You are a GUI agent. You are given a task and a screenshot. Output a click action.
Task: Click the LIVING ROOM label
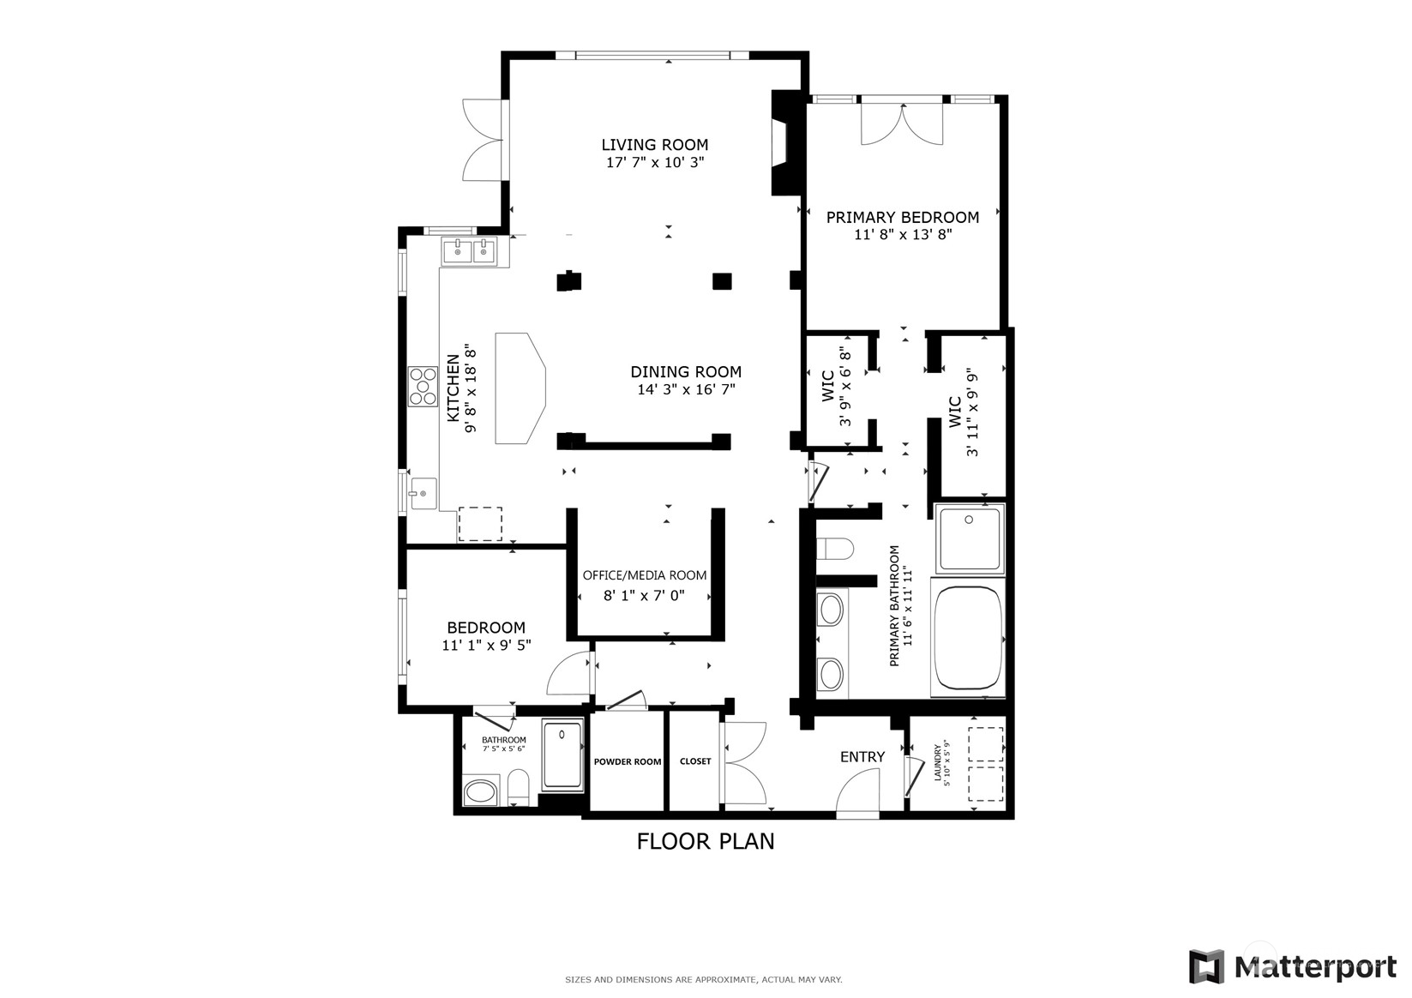(x=654, y=145)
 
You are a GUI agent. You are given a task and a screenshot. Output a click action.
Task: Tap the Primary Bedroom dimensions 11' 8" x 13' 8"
(x=903, y=234)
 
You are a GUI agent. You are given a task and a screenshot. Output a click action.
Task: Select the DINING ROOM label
(x=686, y=371)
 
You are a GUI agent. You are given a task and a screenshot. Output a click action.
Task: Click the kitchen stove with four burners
(x=422, y=385)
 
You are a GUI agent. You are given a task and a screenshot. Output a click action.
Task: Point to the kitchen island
(x=520, y=388)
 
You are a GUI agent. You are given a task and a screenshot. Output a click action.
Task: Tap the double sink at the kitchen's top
(x=471, y=251)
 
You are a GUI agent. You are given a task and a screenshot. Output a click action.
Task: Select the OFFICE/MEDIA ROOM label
(x=645, y=575)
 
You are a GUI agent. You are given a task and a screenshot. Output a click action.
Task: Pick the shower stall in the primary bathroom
(x=970, y=538)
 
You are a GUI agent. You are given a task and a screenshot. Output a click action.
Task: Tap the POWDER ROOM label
(x=628, y=761)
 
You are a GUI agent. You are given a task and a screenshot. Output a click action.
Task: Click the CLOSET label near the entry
(x=695, y=761)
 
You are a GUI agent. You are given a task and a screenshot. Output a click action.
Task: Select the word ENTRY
(x=862, y=756)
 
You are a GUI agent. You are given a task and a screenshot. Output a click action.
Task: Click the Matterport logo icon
(x=1206, y=966)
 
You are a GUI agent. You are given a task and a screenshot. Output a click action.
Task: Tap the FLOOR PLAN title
(x=705, y=841)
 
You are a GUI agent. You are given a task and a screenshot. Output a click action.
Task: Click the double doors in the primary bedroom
(x=901, y=124)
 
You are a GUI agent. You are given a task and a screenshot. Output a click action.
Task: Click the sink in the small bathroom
(x=481, y=791)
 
